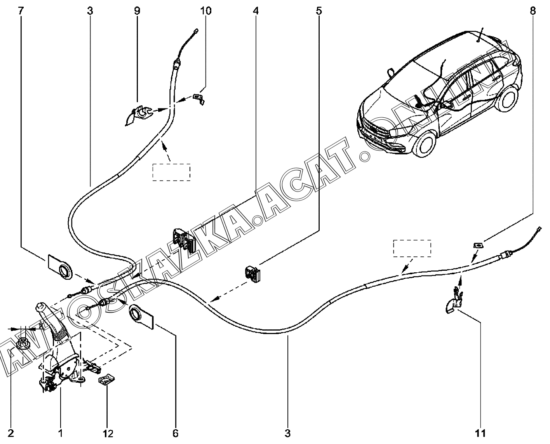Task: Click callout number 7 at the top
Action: (x=21, y=11)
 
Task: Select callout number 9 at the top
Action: (x=137, y=11)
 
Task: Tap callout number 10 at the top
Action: (x=205, y=11)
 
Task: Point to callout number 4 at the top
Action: (x=255, y=11)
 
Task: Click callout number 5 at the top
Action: (x=319, y=11)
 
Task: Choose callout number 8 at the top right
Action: (x=532, y=11)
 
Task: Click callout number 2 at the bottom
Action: (x=11, y=433)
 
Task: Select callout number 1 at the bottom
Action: (x=61, y=433)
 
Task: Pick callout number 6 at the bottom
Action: (x=175, y=433)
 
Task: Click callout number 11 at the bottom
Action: (x=480, y=433)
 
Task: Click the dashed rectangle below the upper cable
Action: (x=171, y=172)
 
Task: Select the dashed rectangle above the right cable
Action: (x=412, y=248)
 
